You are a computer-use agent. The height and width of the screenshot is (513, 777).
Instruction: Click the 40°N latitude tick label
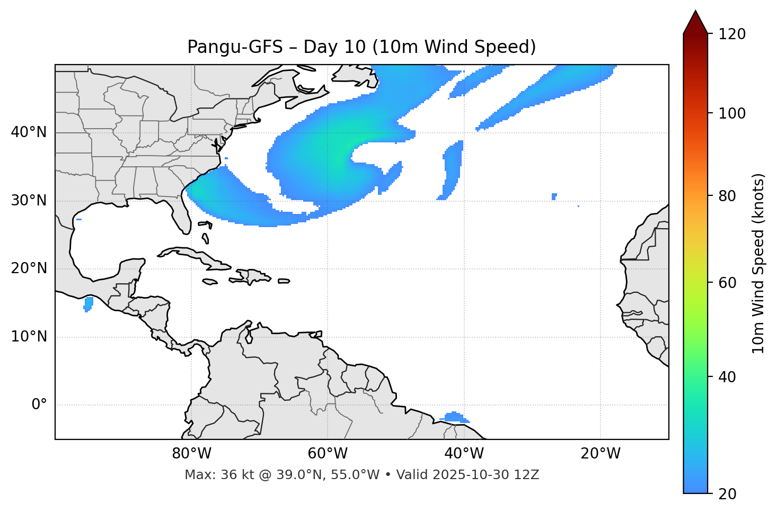pos(29,132)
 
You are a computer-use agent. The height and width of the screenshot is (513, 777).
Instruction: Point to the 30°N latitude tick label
pos(29,201)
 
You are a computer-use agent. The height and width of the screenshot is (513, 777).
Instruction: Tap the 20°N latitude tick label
pos(29,268)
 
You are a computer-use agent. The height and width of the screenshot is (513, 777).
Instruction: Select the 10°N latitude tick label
pos(29,337)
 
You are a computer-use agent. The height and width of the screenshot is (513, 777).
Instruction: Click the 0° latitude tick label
pos(39,405)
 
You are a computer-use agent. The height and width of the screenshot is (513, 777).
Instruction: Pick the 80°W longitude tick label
pos(191,454)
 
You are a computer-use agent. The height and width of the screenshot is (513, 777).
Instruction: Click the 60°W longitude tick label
pos(328,454)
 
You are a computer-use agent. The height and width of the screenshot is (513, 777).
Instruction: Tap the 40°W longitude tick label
pos(464,454)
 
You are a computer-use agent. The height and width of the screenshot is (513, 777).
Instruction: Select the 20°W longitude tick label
pos(601,454)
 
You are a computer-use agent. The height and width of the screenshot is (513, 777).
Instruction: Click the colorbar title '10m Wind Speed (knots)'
pos(758,263)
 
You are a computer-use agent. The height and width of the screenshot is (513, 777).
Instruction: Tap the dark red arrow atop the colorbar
pos(695,23)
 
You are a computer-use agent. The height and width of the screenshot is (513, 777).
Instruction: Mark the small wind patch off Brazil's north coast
pos(454,417)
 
